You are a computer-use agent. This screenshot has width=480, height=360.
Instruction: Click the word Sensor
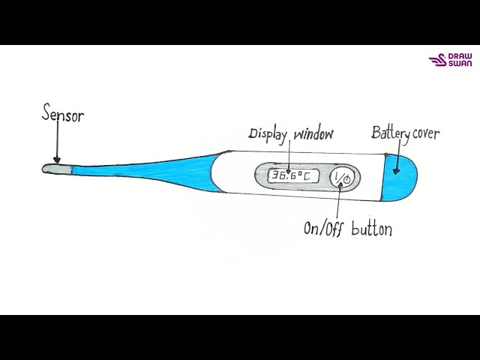tap(62, 116)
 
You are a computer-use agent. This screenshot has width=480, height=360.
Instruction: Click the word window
tap(313, 134)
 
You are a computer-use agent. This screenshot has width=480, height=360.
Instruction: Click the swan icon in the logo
tap(436, 61)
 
